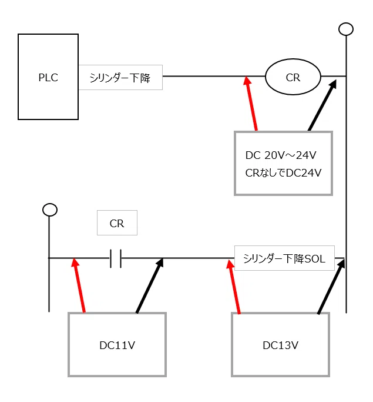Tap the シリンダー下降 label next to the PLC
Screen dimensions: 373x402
(x=120, y=78)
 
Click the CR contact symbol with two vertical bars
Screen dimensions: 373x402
(x=116, y=258)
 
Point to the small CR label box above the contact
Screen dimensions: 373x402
(x=117, y=223)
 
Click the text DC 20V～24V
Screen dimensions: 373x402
(x=281, y=155)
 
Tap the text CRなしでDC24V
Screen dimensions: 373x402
(x=283, y=173)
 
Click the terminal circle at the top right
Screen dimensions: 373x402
(x=346, y=29)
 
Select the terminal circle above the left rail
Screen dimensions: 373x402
(x=50, y=210)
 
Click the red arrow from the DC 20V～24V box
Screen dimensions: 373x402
(x=251, y=104)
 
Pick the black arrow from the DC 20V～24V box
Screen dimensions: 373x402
(x=322, y=105)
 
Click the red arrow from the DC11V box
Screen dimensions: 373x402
(x=78, y=285)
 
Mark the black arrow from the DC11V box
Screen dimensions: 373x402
(x=150, y=285)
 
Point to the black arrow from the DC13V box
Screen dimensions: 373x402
(x=331, y=287)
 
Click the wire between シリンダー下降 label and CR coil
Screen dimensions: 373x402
(x=214, y=76)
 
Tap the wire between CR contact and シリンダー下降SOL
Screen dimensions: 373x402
(x=178, y=258)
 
